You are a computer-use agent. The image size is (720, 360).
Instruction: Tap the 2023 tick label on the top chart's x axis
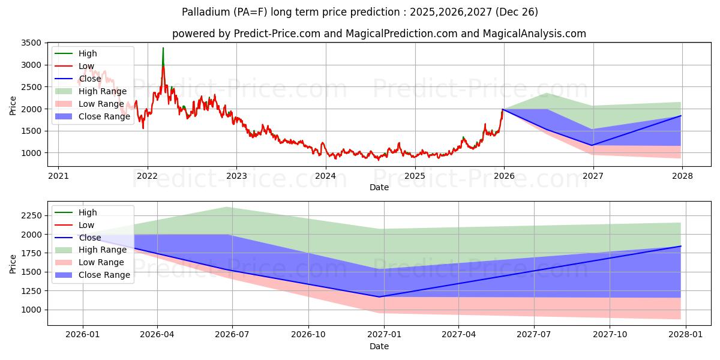(x=236, y=176)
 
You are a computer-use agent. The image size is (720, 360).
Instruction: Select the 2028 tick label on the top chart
(x=682, y=176)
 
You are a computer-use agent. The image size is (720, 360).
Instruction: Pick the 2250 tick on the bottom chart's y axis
(x=29, y=215)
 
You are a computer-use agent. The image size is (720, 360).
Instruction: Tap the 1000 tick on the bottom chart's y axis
(x=29, y=310)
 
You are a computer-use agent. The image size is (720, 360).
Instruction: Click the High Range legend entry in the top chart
(x=105, y=91)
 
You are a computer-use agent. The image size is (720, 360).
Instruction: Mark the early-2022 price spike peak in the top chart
(x=163, y=48)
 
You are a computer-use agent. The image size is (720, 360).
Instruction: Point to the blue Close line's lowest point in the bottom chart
(x=379, y=296)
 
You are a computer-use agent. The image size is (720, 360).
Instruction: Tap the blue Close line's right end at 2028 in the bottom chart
(x=680, y=247)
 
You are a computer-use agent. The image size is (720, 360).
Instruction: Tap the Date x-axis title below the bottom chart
(x=379, y=346)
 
